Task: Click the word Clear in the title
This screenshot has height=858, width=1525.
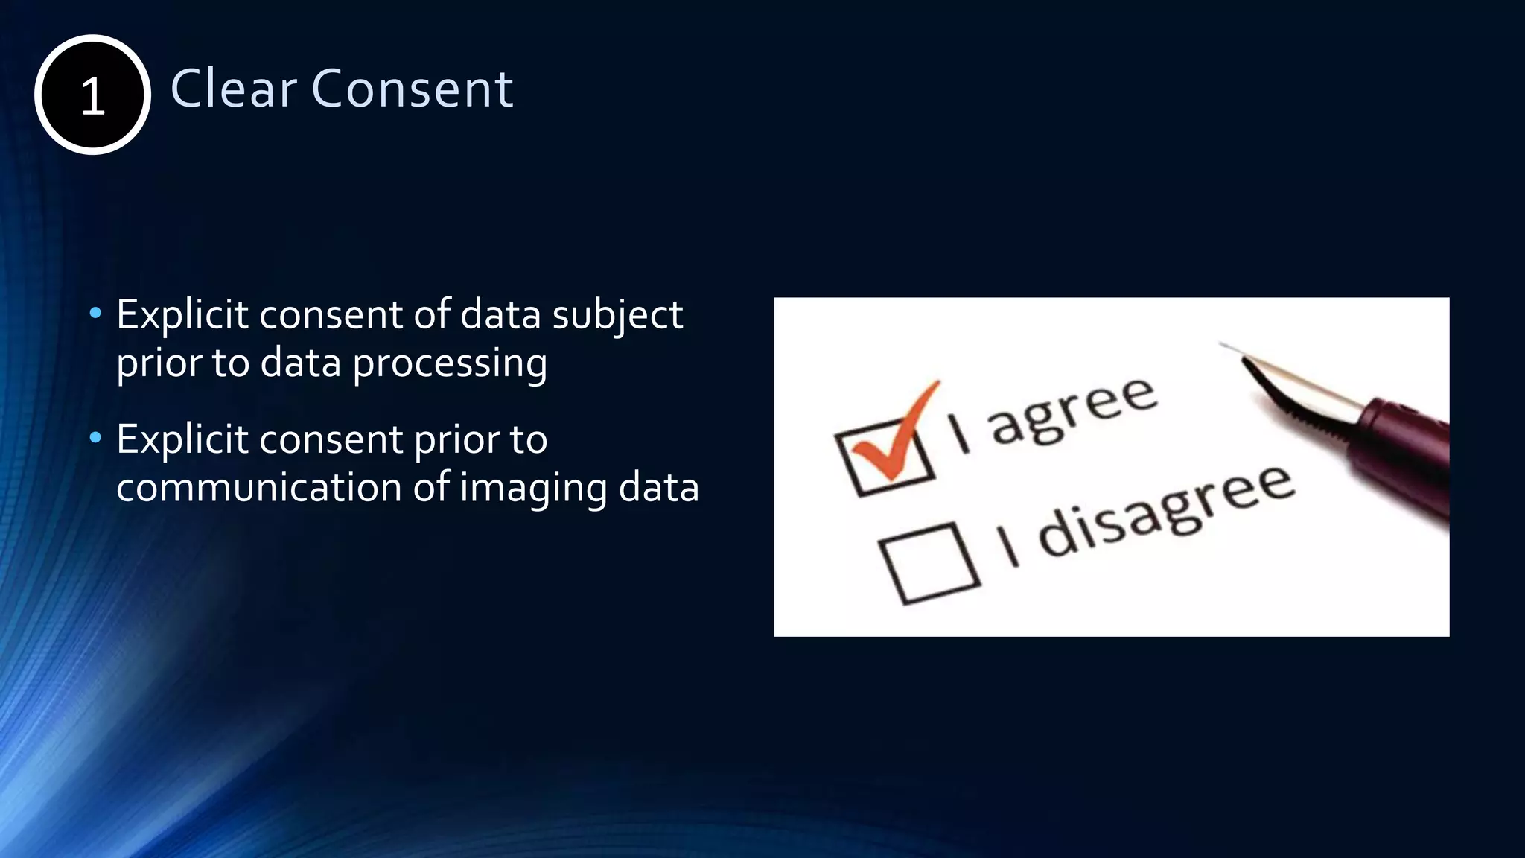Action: (233, 89)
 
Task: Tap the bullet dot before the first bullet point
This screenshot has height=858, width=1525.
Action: (95, 314)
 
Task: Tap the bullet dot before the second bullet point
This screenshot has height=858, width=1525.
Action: (95, 438)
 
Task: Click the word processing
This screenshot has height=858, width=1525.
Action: (450, 364)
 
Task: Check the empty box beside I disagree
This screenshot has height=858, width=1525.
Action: (929, 562)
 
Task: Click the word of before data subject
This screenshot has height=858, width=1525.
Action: (432, 314)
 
